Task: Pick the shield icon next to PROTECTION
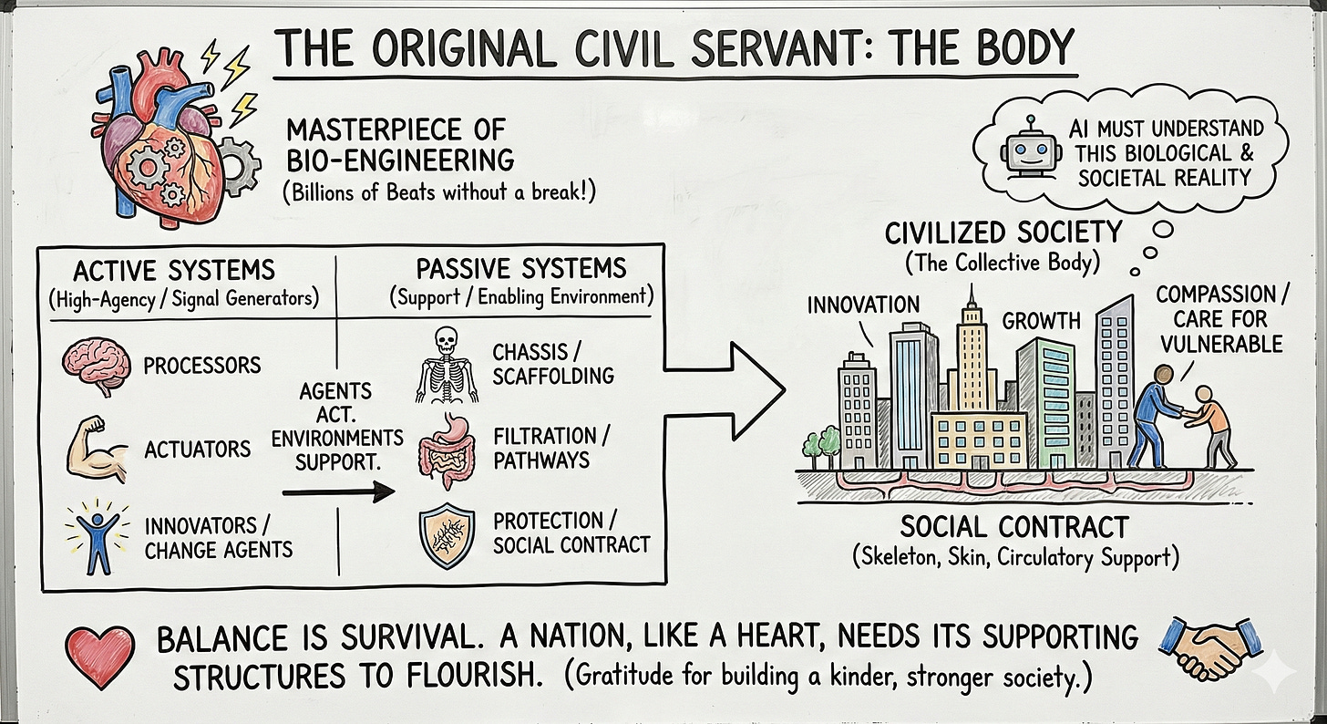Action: [x=447, y=538]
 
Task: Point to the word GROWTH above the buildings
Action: [x=1042, y=321]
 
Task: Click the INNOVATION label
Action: [x=863, y=304]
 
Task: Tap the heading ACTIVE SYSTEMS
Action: [x=173, y=270]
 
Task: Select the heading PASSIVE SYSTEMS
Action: [x=521, y=269]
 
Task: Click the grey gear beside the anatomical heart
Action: [x=240, y=166]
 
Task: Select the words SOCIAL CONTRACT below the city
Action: [x=1013, y=527]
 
